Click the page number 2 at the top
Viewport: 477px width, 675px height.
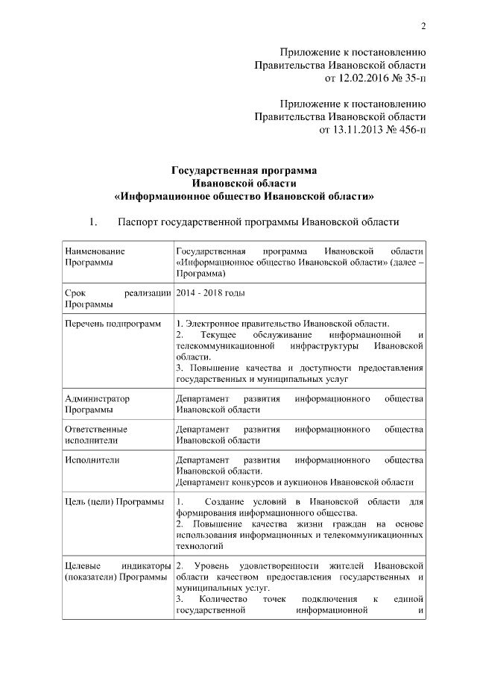pyautogui.click(x=423, y=28)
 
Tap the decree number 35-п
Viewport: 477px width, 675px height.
pyautogui.click(x=410, y=77)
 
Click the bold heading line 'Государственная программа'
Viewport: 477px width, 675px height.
pyautogui.click(x=244, y=170)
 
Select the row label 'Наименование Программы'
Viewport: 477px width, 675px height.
pyautogui.click(x=95, y=257)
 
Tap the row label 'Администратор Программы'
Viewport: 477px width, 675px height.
pyautogui.click(x=97, y=404)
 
